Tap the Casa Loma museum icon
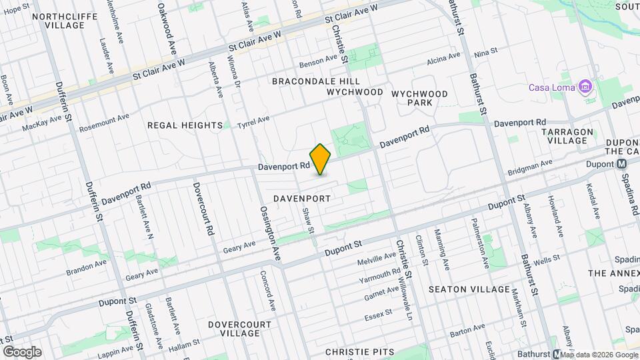(x=586, y=87)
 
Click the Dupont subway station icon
(x=621, y=163)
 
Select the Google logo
(x=22, y=352)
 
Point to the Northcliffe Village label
(x=61, y=20)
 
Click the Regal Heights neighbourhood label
(x=185, y=125)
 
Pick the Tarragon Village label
(x=567, y=137)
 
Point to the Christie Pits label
(x=360, y=351)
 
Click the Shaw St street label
(x=308, y=221)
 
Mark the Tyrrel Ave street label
(x=254, y=121)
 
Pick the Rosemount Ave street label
(x=104, y=123)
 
